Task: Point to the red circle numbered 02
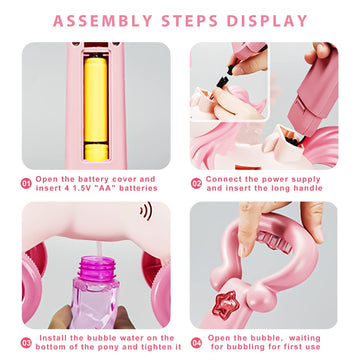pyautogui.click(x=197, y=184)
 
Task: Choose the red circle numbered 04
pyautogui.click(x=197, y=343)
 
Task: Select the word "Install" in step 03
pyautogui.click(x=54, y=337)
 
